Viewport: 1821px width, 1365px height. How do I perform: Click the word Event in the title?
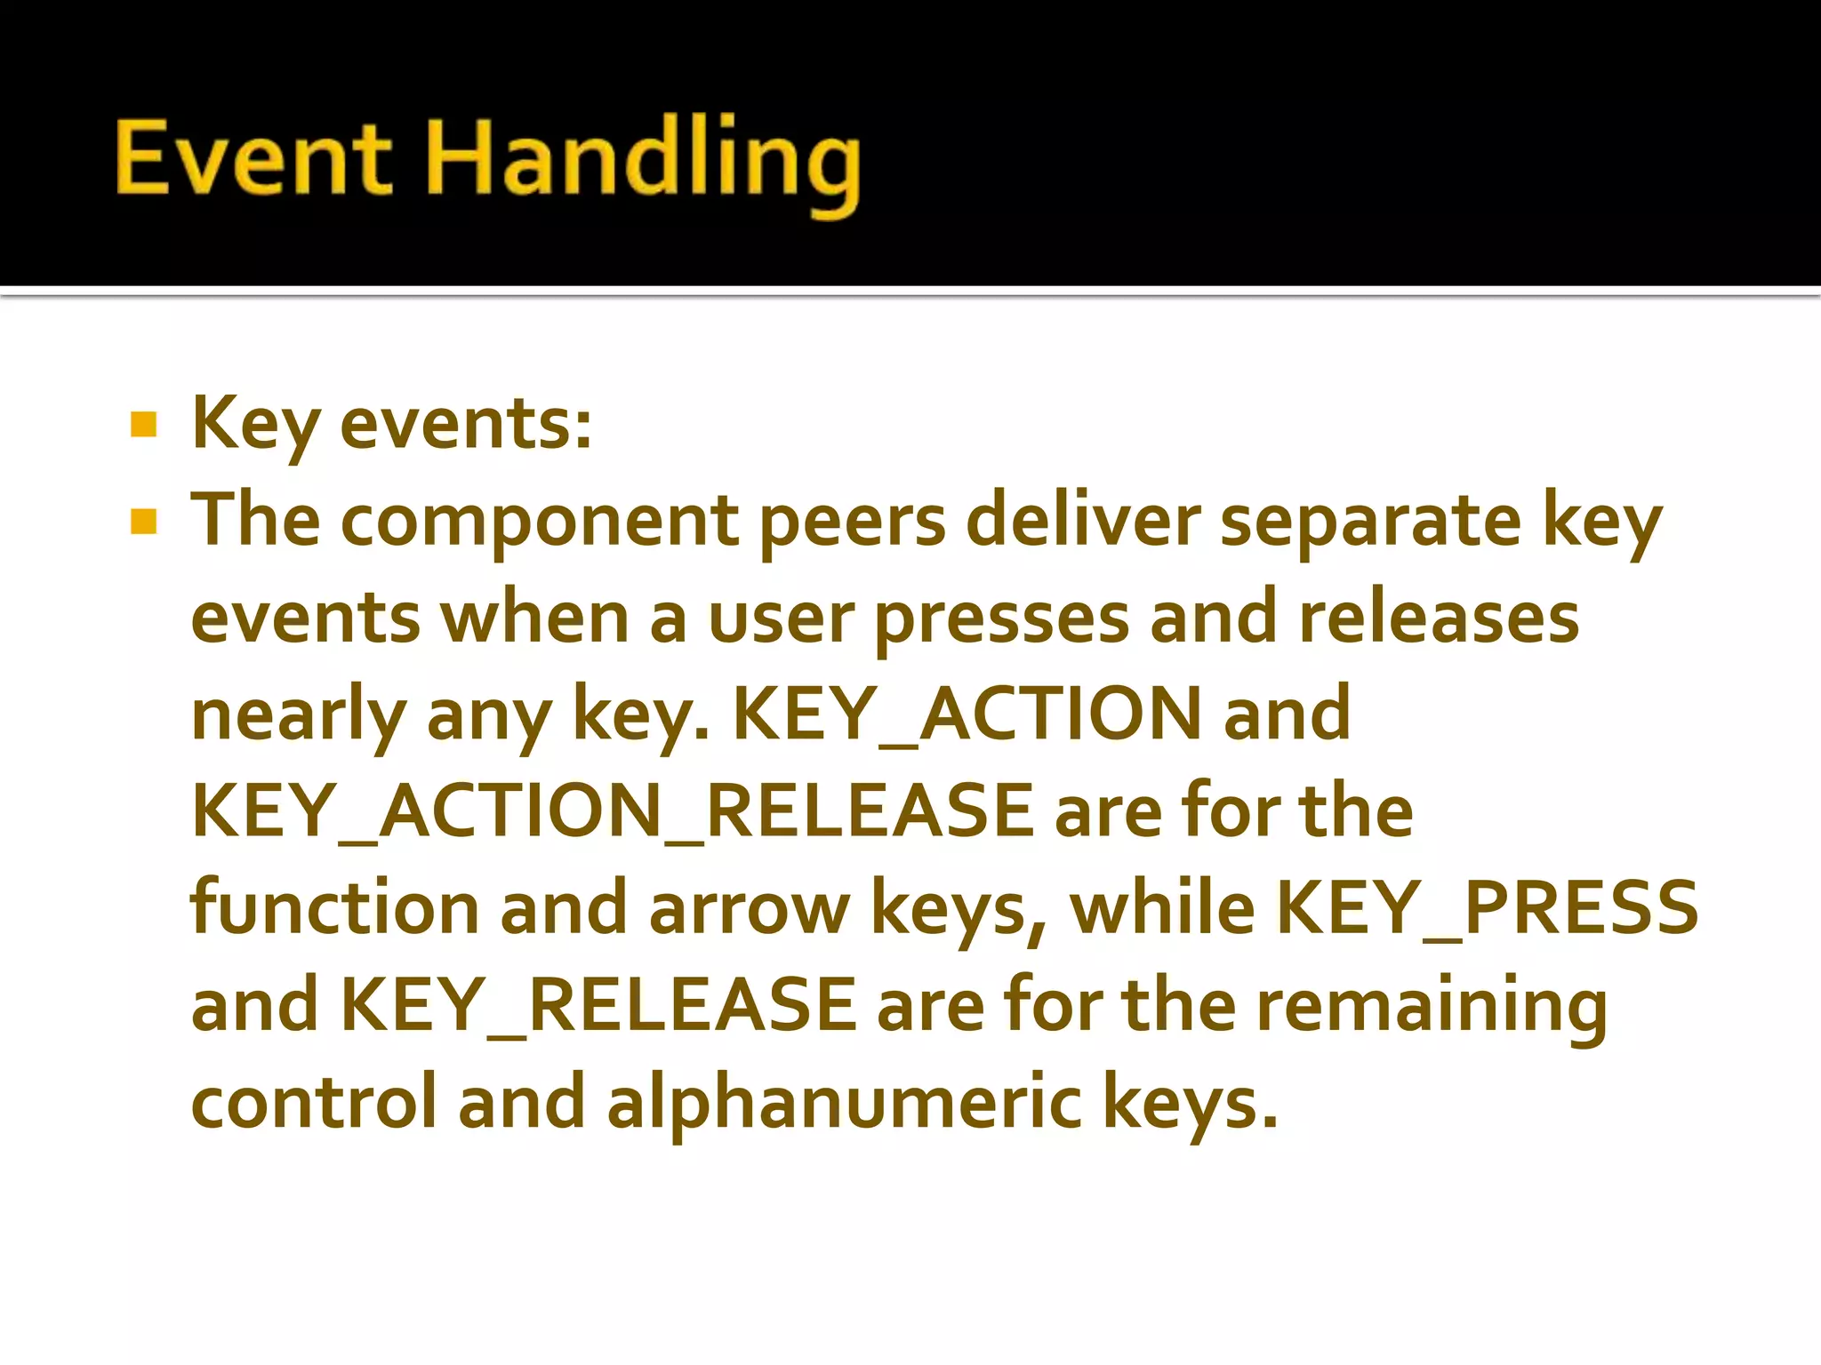253,158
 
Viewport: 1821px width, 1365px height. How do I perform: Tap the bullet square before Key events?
143,425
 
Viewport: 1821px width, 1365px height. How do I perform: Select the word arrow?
749,910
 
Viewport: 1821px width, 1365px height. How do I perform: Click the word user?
781,619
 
